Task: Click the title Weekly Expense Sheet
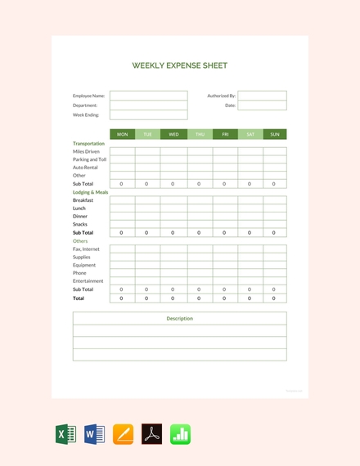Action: pos(180,65)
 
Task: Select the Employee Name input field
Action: pos(148,96)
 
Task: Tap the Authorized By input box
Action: pos(262,96)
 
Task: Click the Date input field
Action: pos(262,105)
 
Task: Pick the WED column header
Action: pos(173,134)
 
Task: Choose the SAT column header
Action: pos(250,134)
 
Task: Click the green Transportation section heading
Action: pos(88,143)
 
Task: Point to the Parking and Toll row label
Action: pos(89,159)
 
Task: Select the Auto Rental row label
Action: pos(85,168)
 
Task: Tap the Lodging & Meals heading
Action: pos(90,192)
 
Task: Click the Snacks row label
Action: pos(79,224)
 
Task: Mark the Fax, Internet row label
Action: pos(86,249)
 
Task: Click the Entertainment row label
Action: pos(88,281)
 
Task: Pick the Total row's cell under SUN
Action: pos(274,298)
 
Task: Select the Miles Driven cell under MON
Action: pos(122,151)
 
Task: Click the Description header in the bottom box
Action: pos(180,318)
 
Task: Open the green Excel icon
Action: pos(65,434)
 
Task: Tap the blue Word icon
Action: pos(94,434)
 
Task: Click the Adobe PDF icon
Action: pos(151,434)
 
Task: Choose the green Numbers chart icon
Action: pos(180,434)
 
